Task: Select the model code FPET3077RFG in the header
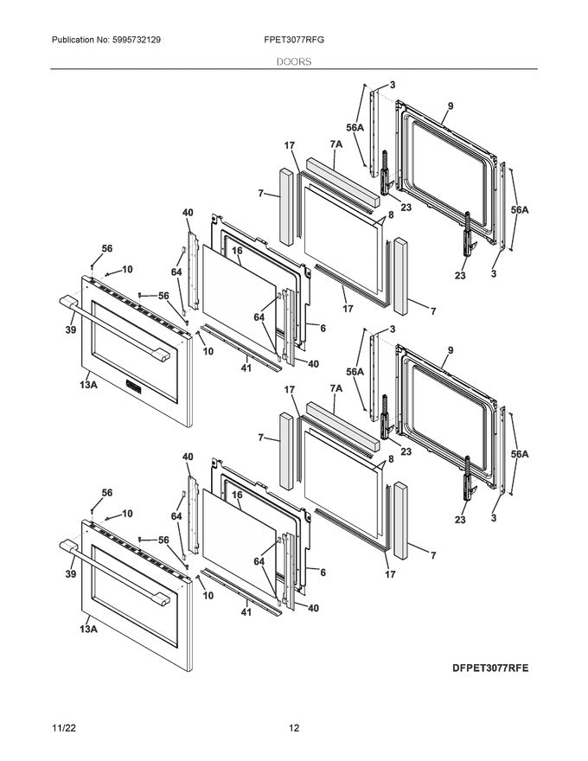click(295, 41)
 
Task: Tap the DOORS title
click(294, 62)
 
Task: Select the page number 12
click(294, 729)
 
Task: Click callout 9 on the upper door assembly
click(451, 106)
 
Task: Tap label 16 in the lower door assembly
click(235, 495)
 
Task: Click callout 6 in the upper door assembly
click(322, 329)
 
